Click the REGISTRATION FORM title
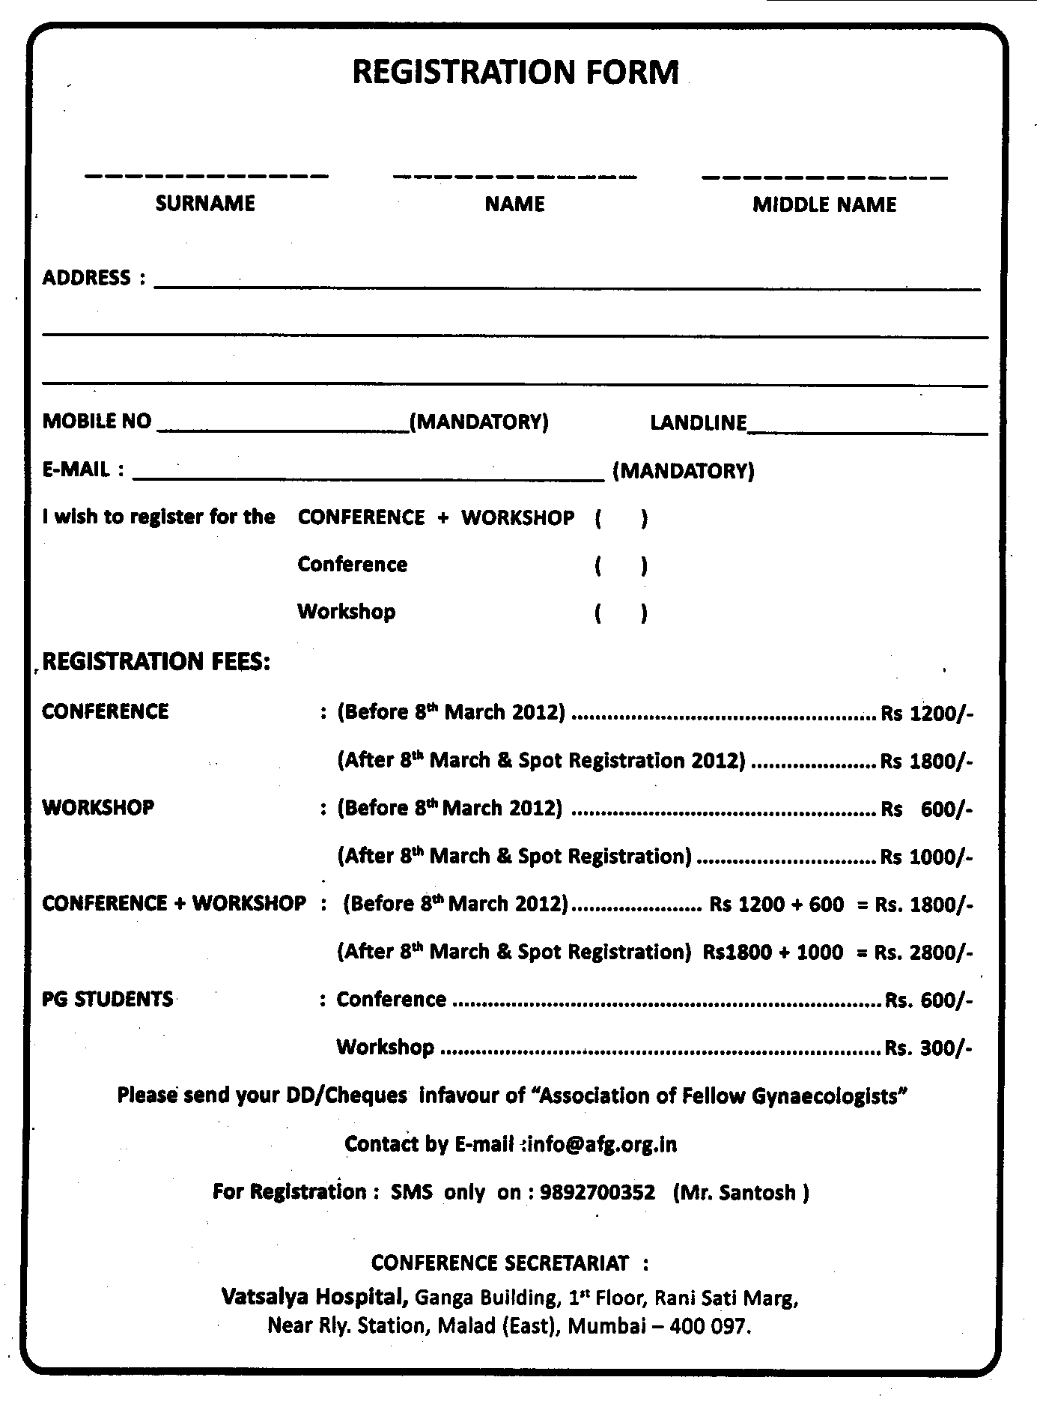(515, 73)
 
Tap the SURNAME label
(205, 204)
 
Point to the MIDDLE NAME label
(824, 205)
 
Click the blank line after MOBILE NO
(283, 427)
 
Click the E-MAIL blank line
(367, 473)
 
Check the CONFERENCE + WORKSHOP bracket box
(621, 518)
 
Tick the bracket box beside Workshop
(621, 613)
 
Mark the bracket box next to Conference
(621, 566)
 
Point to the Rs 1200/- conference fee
(927, 713)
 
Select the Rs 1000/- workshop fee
(927, 857)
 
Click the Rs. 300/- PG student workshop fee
(928, 1048)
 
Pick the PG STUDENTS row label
(108, 1000)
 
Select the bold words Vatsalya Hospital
(314, 1296)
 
